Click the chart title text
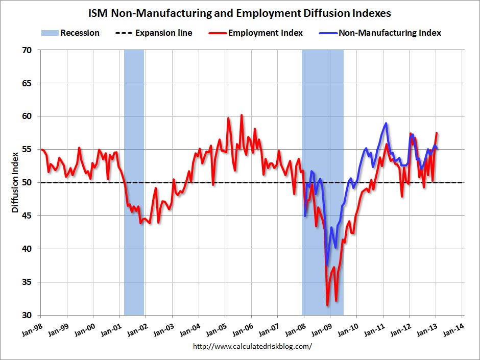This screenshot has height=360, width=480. [240, 12]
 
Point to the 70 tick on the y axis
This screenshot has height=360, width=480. [27, 50]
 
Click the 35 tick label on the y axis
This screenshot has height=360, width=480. [27, 282]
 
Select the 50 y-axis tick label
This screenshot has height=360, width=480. [27, 182]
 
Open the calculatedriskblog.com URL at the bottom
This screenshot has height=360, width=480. [252, 346]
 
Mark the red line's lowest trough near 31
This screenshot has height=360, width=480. [327, 305]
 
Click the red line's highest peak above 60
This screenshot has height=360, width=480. [242, 115]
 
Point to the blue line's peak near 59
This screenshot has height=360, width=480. [386, 123]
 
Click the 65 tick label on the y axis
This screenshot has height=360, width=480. [27, 83]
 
